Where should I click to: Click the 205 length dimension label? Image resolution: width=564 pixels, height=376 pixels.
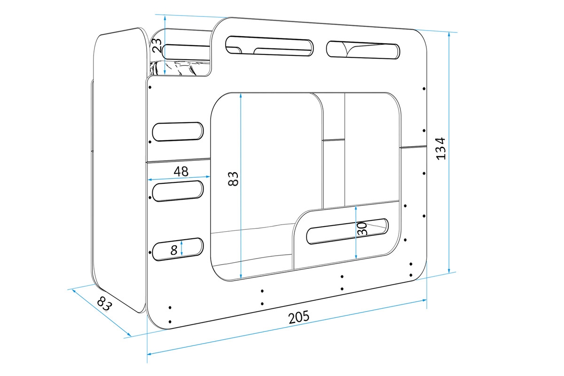(299, 317)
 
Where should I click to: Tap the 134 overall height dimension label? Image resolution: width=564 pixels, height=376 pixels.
(440, 149)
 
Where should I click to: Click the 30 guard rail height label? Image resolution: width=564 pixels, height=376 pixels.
(362, 229)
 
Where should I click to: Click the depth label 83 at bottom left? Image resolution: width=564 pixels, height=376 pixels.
(105, 305)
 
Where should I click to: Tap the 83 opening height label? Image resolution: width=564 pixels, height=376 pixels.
(234, 179)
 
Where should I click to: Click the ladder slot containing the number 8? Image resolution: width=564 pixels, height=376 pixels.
(178, 249)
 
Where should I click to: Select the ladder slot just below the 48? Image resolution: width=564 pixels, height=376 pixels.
(178, 191)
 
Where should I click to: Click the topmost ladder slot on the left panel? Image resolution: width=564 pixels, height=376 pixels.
(178, 132)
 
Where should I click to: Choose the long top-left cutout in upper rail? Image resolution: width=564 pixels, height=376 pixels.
(269, 47)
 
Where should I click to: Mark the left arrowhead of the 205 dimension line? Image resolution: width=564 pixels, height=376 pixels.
(150, 353)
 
